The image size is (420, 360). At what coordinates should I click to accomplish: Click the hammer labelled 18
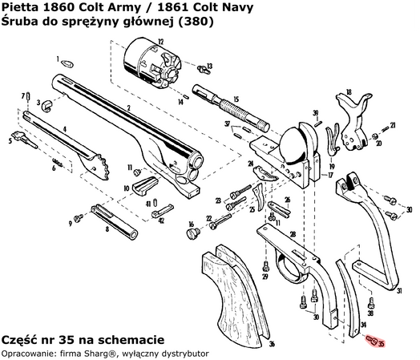353,117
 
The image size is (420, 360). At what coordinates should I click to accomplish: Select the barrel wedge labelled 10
143,186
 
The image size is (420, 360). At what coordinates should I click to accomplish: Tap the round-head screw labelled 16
192,233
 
